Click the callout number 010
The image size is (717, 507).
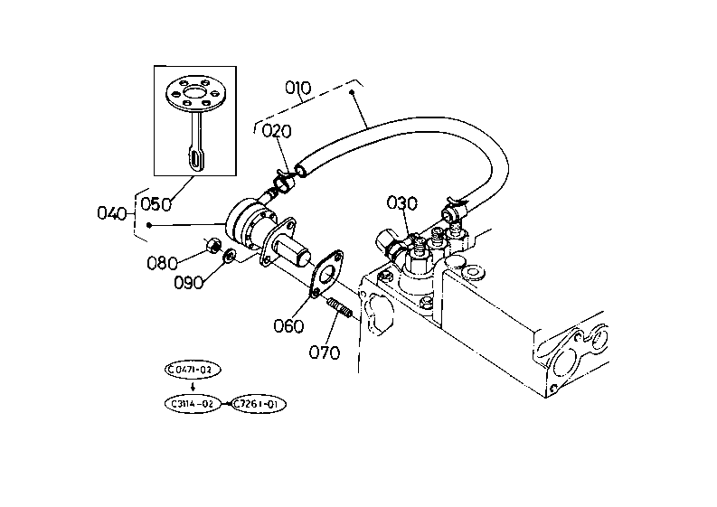point(297,88)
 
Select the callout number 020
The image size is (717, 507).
point(277,131)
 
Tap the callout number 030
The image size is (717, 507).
point(402,203)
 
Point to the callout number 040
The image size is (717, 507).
point(111,213)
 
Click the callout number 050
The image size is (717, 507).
point(156,204)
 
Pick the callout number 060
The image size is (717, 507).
point(288,326)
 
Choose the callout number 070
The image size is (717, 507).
point(325,352)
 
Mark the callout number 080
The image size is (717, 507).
point(162,263)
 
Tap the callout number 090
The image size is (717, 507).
point(189,283)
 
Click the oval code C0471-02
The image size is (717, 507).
point(193,370)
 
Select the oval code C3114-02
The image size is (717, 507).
point(193,404)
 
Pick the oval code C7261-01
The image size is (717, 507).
point(258,404)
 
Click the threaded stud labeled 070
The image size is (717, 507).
point(339,307)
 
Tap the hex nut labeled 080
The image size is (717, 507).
point(213,246)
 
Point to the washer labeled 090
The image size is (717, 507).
point(229,255)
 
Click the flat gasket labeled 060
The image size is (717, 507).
point(326,274)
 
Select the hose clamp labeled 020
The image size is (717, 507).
point(284,182)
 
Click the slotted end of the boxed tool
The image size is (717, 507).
point(195,159)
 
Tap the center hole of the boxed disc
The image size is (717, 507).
point(193,94)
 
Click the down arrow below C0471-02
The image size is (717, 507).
point(193,387)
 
